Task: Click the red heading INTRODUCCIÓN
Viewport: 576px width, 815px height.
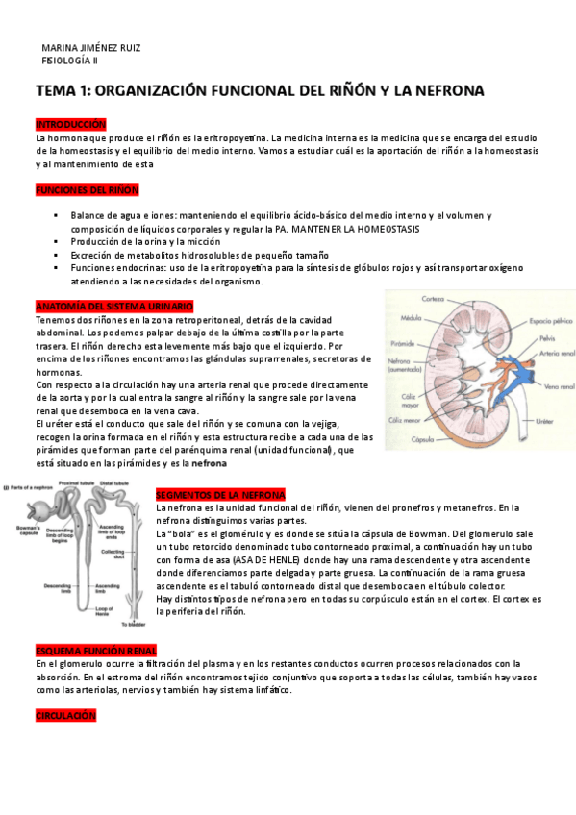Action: click(70, 125)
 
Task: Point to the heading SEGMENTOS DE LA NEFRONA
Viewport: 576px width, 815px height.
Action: click(220, 494)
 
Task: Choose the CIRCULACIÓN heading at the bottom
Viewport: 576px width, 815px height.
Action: click(65, 715)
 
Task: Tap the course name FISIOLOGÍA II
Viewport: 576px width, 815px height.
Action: click(69, 60)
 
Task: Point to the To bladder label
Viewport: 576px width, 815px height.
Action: click(121, 625)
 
